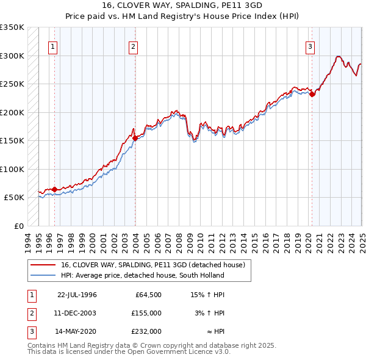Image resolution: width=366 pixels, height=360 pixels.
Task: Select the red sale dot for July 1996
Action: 55,189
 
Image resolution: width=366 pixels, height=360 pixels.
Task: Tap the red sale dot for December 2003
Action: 135,138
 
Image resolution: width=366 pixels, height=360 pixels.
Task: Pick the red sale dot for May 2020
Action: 312,94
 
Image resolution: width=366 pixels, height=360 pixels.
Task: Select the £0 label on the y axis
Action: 19,226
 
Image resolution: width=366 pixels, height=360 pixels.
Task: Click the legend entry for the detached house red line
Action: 152,265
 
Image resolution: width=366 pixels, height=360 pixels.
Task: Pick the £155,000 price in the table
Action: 146,313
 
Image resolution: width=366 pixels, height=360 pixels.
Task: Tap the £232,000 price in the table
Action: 146,332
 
